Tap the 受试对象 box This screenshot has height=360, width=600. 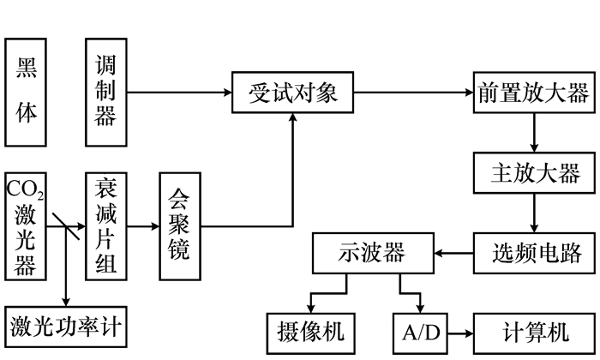click(x=293, y=92)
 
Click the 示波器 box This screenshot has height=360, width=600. click(x=370, y=253)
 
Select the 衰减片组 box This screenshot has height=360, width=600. click(x=105, y=226)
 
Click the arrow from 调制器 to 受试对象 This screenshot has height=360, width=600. click(x=180, y=92)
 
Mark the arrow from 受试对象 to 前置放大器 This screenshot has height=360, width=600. click(x=413, y=92)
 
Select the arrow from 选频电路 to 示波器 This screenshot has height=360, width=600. click(x=453, y=253)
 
